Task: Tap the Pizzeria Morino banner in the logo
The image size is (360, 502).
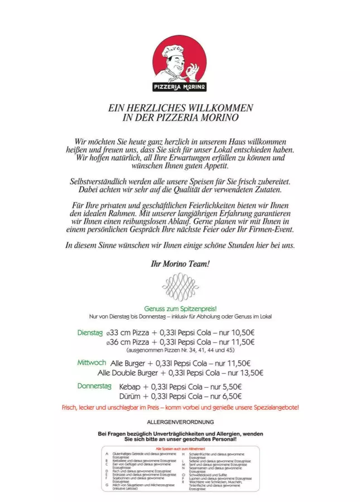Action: [x=180, y=87]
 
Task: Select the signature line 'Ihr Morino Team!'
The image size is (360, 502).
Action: [x=180, y=263]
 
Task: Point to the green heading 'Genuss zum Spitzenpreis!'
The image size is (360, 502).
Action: [x=180, y=308]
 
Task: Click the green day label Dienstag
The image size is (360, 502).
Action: [x=90, y=332]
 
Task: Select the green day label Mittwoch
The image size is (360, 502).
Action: [x=91, y=363]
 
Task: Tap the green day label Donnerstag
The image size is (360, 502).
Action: [x=94, y=386]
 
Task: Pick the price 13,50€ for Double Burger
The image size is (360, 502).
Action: [x=250, y=373]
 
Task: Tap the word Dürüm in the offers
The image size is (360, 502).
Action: [x=130, y=396]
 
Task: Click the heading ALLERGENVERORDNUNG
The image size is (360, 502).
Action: [x=180, y=422]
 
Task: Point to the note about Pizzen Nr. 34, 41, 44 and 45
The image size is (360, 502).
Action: [x=180, y=351]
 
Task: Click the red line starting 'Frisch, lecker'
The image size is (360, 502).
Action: [x=180, y=408]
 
